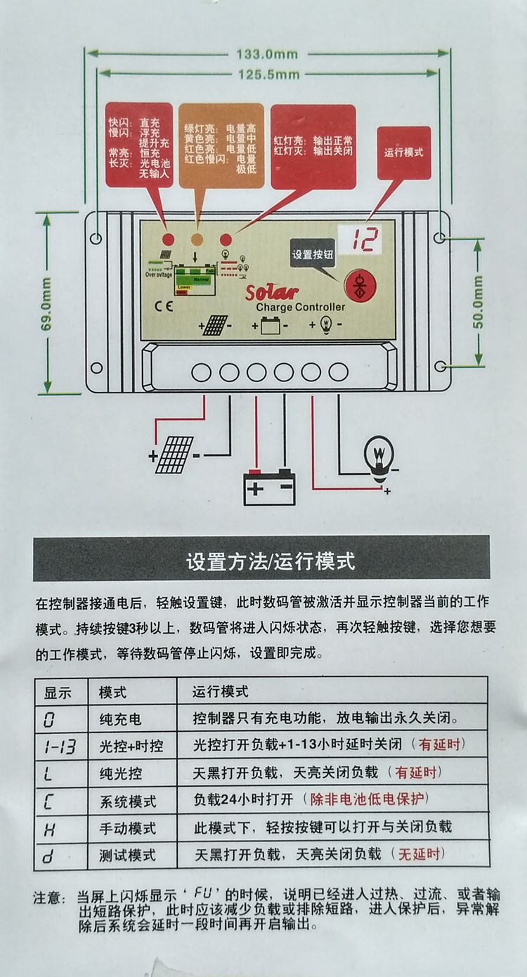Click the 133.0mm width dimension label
(267, 54)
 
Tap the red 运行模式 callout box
(404, 152)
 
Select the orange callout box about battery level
(221, 145)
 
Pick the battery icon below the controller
(268, 486)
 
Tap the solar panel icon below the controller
(174, 454)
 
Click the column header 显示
(58, 692)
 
